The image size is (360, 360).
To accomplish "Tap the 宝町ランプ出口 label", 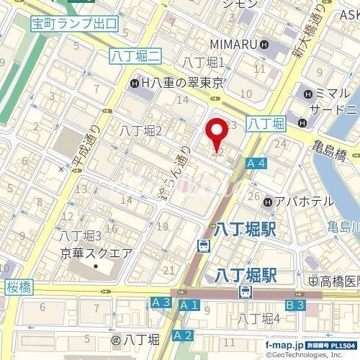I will [74, 24].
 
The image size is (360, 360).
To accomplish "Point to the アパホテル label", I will [295, 202].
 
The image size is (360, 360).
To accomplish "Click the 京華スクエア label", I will [95, 253].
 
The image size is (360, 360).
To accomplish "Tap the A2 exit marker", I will [184, 335].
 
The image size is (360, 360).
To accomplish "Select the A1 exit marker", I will [189, 305].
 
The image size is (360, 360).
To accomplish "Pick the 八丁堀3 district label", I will [80, 235].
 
